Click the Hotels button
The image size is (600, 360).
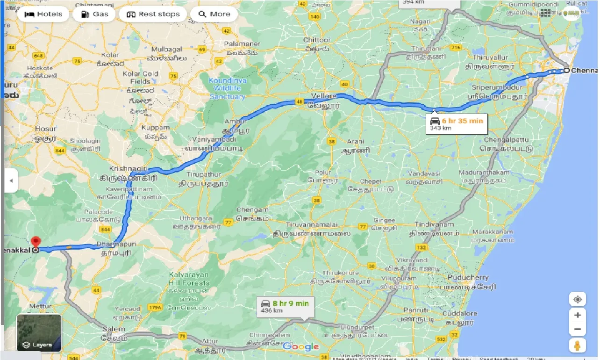coord(43,14)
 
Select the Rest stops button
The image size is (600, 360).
coord(153,14)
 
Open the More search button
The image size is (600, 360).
coord(214,14)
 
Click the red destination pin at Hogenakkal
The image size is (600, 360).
coord(36,243)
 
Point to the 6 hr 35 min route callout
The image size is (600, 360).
coord(456,124)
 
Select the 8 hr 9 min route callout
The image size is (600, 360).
coord(285,306)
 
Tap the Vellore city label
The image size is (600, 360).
coord(324,96)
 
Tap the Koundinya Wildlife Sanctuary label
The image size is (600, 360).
coord(227,88)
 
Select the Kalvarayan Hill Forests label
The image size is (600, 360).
coord(189,279)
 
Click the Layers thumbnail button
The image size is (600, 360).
coord(39,333)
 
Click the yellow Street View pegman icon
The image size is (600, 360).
coord(578,346)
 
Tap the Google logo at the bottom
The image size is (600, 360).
coord(300,346)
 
